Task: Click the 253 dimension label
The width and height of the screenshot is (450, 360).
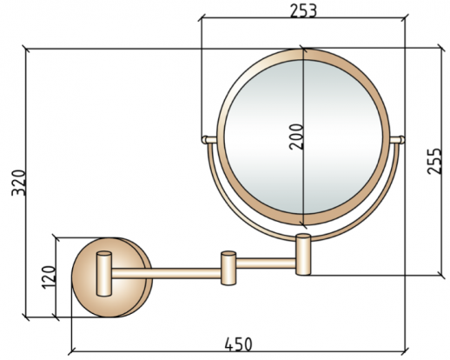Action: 303,11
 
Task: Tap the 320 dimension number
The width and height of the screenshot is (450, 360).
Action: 18,183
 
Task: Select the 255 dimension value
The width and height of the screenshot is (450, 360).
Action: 434,161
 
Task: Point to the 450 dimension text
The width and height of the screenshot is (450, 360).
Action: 238,344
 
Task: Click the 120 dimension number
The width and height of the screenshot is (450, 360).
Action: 49,277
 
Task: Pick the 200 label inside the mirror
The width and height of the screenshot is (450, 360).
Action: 296,137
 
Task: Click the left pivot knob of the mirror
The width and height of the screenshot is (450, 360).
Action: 205,140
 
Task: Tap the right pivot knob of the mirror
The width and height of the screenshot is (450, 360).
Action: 401,140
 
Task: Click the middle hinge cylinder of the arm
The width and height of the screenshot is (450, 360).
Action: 228,268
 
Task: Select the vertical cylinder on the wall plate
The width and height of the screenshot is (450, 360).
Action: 104,274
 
